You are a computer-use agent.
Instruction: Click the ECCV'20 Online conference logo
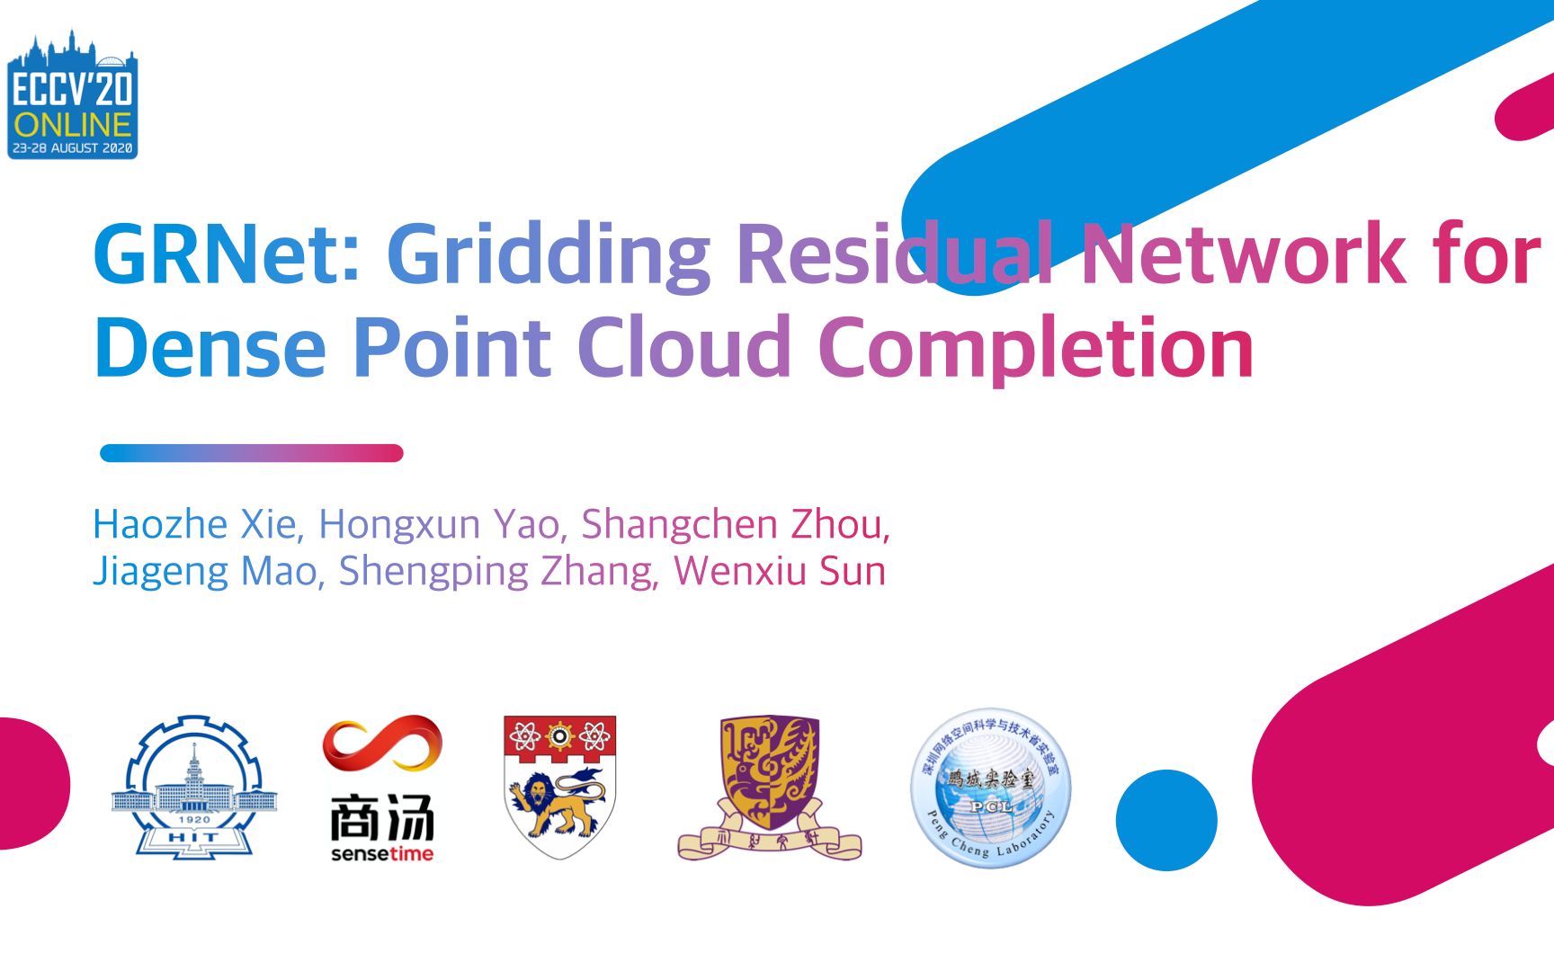72,97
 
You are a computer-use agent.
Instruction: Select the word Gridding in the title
549,255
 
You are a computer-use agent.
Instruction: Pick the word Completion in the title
1036,349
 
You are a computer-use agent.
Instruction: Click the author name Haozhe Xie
194,524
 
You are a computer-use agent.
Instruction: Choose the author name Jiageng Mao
208,571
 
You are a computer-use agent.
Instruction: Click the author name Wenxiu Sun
780,571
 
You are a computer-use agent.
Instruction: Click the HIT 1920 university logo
194,788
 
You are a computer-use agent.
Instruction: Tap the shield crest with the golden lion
559,787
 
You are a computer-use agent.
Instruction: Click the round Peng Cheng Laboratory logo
991,788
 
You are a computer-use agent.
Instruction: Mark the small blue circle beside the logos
1166,820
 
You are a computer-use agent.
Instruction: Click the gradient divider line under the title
252,453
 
